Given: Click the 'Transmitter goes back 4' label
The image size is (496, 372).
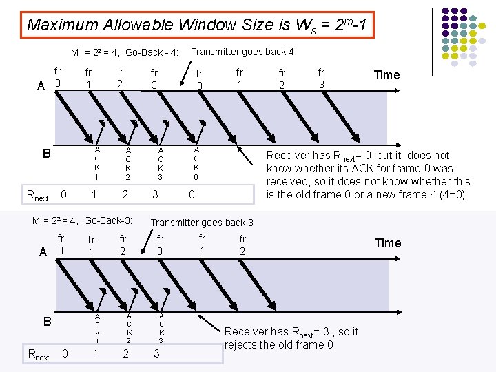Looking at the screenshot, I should point(242,52).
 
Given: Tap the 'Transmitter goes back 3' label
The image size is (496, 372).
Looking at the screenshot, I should point(202,223).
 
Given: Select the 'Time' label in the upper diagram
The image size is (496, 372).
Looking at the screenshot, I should point(386,75).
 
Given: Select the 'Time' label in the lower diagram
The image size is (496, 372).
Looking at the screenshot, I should point(386,242).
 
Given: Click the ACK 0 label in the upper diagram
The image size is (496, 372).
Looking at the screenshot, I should point(196,163).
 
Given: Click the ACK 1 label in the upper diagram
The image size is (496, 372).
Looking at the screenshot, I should point(97,163).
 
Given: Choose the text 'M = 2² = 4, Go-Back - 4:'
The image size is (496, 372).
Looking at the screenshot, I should point(125,53).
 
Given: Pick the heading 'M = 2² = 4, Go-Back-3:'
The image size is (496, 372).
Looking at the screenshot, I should point(83,221).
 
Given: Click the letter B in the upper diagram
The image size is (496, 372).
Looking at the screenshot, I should point(47,153).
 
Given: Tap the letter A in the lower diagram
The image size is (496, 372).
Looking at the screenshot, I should point(43,252).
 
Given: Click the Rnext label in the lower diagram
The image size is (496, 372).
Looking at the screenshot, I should point(37,355).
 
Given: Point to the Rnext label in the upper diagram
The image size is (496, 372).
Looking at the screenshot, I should point(37,196).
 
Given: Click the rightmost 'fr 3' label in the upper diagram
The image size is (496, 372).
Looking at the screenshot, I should point(321,77).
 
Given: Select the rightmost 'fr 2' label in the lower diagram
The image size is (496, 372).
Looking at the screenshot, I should point(242,245).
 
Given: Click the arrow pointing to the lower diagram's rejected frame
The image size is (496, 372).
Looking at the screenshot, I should point(211,324).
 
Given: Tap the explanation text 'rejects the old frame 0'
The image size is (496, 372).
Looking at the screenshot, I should point(278,344).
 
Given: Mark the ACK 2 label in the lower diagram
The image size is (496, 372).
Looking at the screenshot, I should point(129,327).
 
